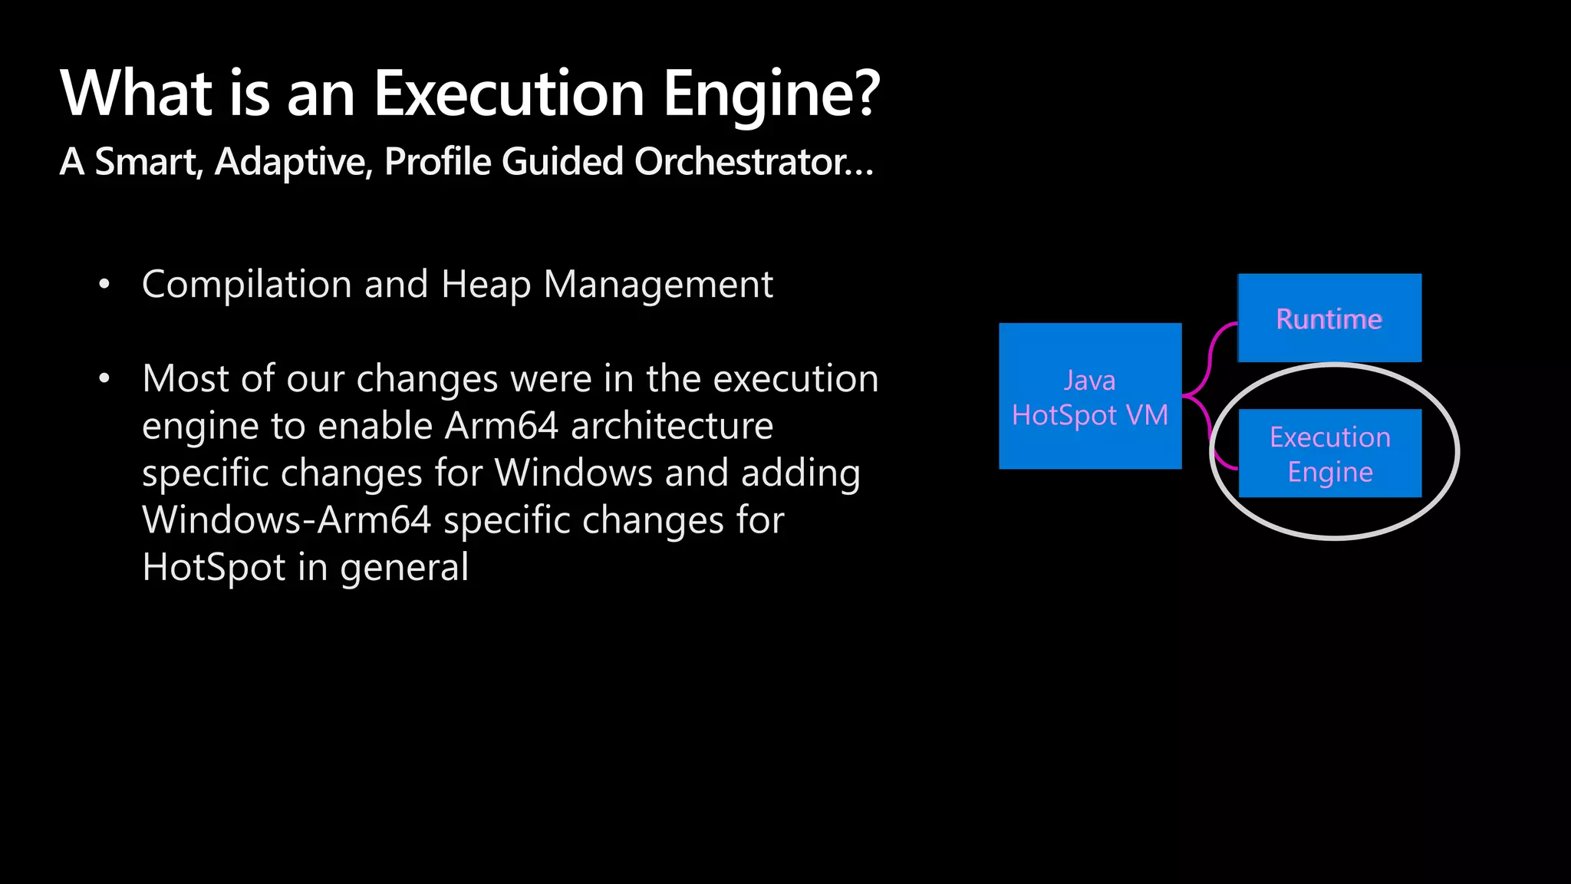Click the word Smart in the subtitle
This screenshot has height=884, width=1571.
click(x=147, y=162)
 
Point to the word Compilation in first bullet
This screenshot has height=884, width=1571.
click(x=246, y=285)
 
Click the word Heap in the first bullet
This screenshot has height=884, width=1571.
click(x=486, y=285)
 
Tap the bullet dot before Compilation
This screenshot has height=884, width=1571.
click(x=104, y=285)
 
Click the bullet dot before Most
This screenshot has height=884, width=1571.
click(x=104, y=378)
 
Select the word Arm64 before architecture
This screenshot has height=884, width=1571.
click(x=502, y=426)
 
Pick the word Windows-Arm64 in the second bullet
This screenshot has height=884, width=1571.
click(x=287, y=520)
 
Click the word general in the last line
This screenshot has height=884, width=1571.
click(x=403, y=568)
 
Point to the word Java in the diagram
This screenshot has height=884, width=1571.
click(x=1089, y=381)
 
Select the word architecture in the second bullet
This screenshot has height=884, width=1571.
click(x=672, y=426)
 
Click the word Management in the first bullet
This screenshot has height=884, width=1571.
click(x=658, y=285)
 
